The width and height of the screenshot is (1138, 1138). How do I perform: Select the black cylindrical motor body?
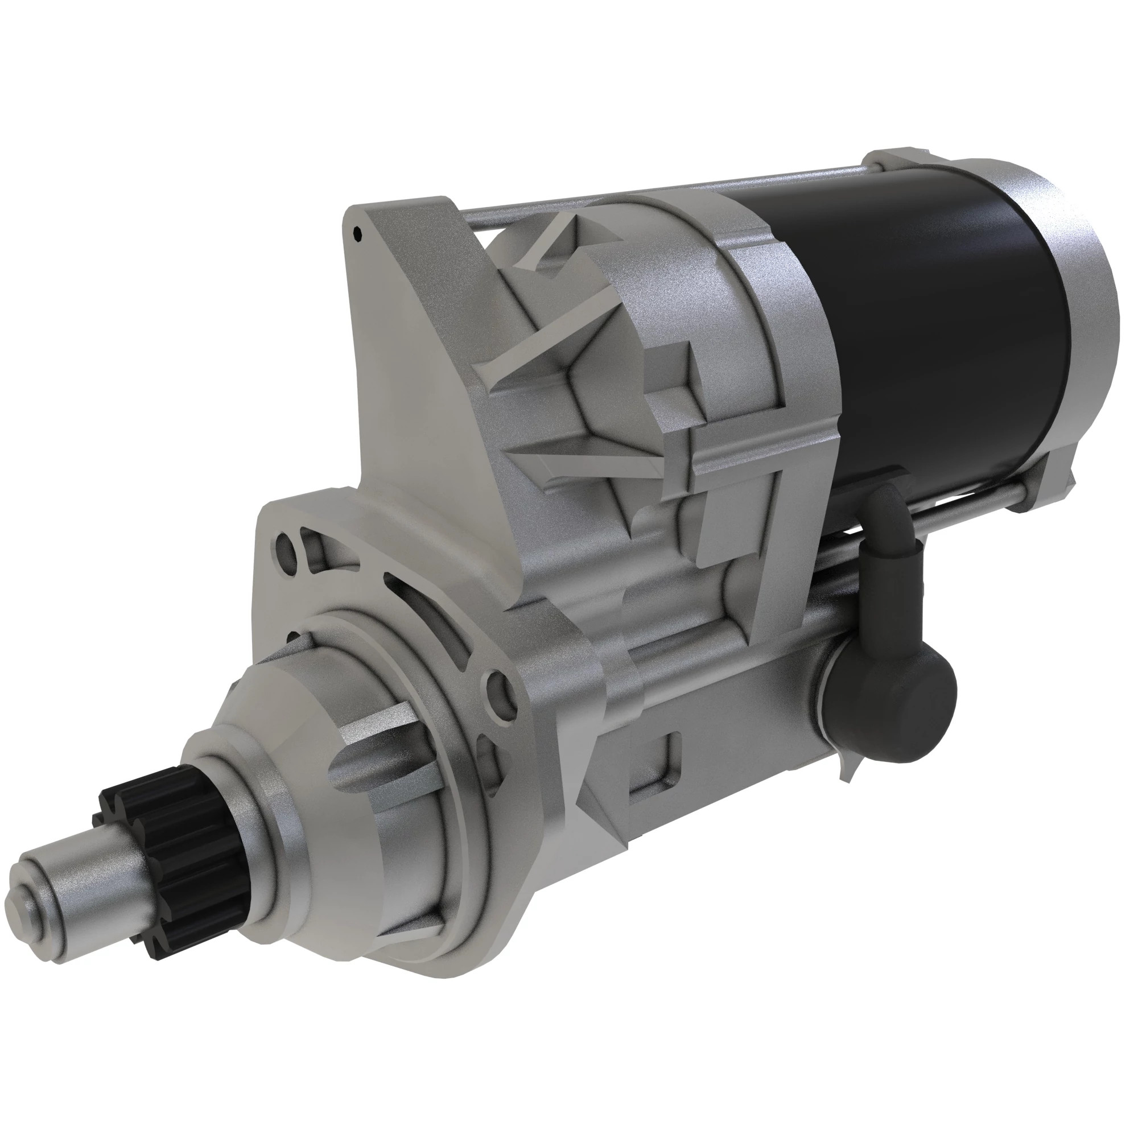click(931, 330)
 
